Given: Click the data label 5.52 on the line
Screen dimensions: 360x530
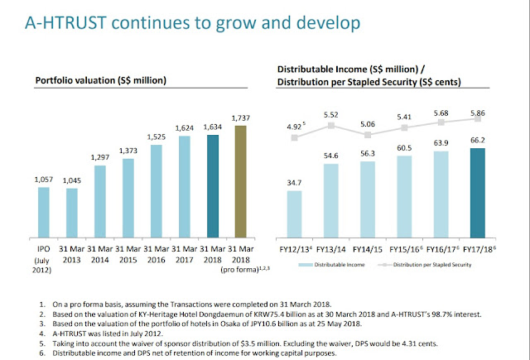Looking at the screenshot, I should click(x=331, y=113).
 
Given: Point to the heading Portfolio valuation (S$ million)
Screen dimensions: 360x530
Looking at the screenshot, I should click(x=100, y=80).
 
